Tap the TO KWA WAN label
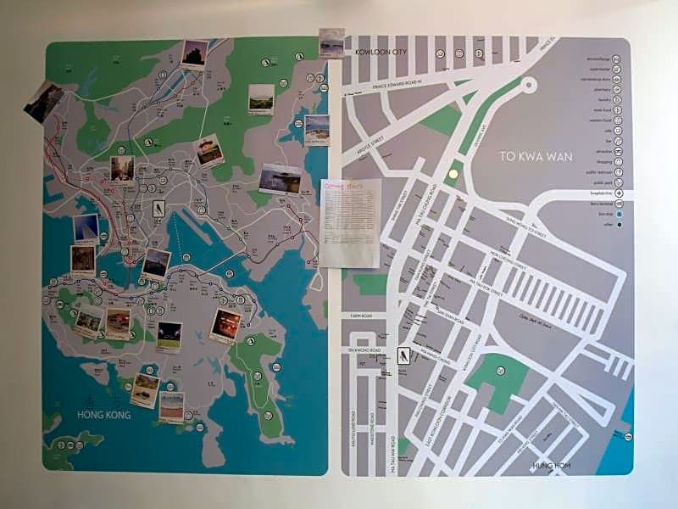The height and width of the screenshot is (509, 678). click(532, 157)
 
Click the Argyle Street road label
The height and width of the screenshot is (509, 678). click(370, 140)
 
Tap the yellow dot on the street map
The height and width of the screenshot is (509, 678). click(453, 174)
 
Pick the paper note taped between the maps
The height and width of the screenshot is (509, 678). click(350, 221)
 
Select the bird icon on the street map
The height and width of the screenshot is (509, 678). click(403, 355)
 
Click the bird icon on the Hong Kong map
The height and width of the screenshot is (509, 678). click(158, 210)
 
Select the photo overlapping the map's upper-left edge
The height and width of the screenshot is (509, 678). click(44, 102)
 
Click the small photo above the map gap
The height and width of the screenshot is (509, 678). click(331, 42)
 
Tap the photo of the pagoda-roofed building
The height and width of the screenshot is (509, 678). click(208, 150)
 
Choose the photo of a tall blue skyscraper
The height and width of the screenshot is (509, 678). click(86, 228)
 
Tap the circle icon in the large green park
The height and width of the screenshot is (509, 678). click(500, 371)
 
